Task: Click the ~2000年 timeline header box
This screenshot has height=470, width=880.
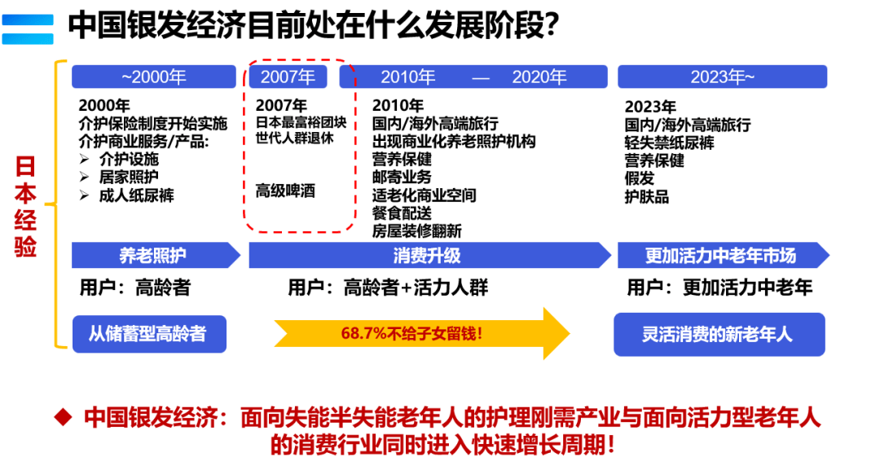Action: [x=153, y=77]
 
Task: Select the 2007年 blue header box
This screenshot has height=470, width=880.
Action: [x=287, y=77]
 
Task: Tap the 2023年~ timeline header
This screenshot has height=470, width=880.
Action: [x=722, y=77]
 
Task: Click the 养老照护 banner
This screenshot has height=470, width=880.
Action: [x=153, y=256]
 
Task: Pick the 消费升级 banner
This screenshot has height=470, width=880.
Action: [x=428, y=256]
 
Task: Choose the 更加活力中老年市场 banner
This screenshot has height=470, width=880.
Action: [x=720, y=256]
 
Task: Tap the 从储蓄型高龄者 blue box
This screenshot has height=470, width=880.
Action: [x=148, y=333]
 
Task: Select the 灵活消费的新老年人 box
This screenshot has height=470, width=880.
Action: [x=719, y=334]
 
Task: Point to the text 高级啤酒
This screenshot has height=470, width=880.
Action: [x=285, y=191]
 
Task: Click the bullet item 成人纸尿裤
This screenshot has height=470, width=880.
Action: [x=136, y=195]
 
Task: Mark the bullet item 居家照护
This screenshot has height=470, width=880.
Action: [x=129, y=178]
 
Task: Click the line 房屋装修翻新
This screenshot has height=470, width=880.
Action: [x=416, y=231]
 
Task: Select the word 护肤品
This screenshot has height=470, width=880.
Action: [x=646, y=196]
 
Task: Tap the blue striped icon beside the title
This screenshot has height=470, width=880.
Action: [x=28, y=29]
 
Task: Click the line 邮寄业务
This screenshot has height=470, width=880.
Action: [x=402, y=178]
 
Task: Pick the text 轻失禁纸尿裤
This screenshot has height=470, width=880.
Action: [x=669, y=143]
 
